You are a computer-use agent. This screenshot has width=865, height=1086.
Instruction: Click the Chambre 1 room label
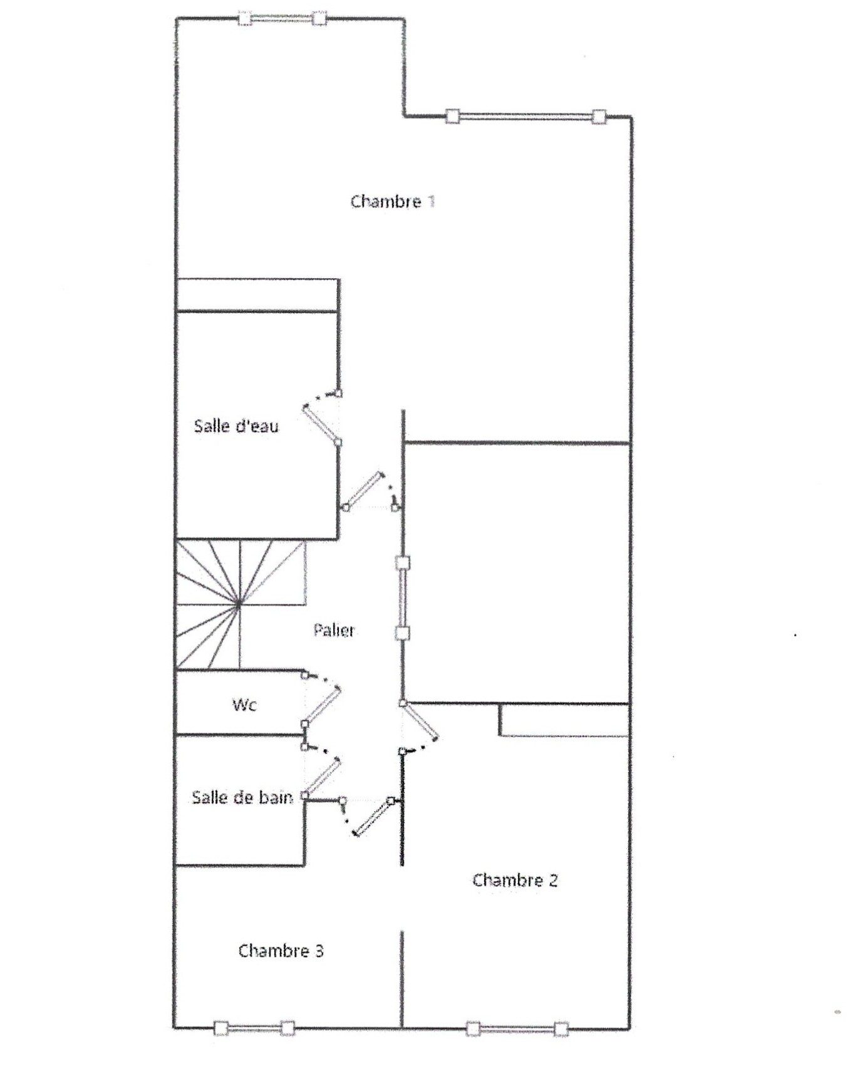click(x=393, y=201)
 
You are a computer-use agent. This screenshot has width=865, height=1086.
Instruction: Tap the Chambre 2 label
click(x=514, y=880)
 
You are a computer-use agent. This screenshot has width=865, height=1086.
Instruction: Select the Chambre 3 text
click(x=281, y=951)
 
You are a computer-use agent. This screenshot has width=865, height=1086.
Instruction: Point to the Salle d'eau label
click(x=236, y=426)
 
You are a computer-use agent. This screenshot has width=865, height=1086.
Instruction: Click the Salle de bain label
click(x=242, y=797)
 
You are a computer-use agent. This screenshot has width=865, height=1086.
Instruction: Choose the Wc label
click(x=244, y=705)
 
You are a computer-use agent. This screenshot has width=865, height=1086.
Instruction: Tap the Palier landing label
click(x=334, y=630)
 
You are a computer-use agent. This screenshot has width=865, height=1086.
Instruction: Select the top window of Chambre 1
click(x=282, y=18)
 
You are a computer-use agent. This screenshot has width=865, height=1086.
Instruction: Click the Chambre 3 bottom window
click(x=254, y=1028)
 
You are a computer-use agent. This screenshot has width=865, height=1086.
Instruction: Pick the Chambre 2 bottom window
click(x=517, y=1028)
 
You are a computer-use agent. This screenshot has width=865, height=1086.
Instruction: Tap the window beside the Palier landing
click(x=403, y=598)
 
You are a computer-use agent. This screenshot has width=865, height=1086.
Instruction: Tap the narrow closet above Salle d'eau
click(x=257, y=294)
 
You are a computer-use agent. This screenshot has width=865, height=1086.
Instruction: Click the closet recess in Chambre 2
click(x=564, y=719)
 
